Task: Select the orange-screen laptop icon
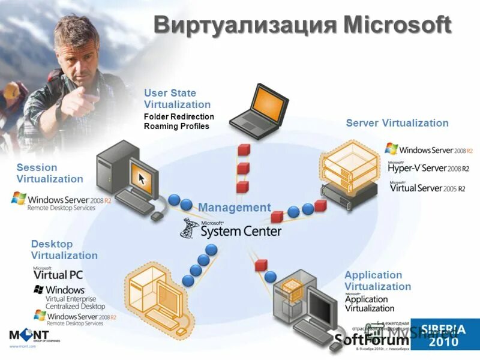(x=256, y=109)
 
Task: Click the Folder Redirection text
(x=179, y=116)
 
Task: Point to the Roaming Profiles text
(x=176, y=126)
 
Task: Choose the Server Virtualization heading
(x=397, y=123)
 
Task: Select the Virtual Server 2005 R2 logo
(x=427, y=187)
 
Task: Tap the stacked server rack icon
(x=348, y=173)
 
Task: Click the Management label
(x=235, y=208)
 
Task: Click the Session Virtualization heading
(x=49, y=173)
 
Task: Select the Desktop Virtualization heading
(x=64, y=250)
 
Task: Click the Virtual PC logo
(x=58, y=274)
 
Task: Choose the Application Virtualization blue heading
(x=377, y=281)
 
